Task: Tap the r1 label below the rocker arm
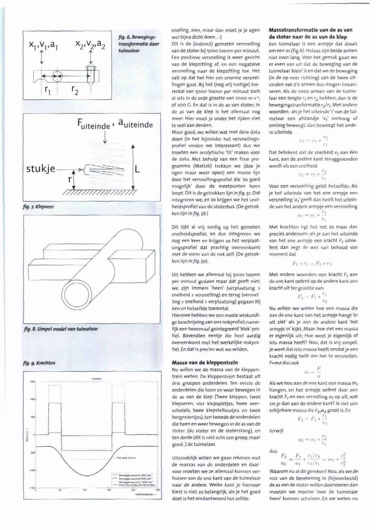click(x=48, y=89)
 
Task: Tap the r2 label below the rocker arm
click(x=75, y=90)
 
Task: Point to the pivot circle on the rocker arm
click(x=57, y=76)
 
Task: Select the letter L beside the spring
click(x=137, y=169)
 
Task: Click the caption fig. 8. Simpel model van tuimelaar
click(x=60, y=329)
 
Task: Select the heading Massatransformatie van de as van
click(x=310, y=30)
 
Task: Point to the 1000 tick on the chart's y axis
click(x=32, y=400)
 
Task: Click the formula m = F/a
click(x=313, y=372)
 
